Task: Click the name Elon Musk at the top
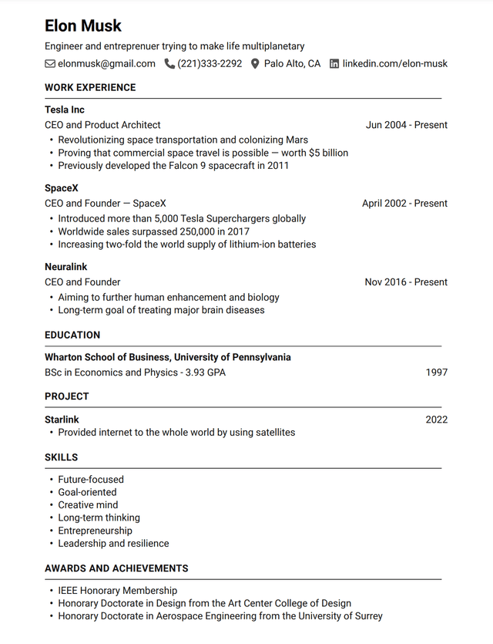(x=83, y=25)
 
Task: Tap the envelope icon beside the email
(x=50, y=64)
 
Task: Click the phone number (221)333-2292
(x=210, y=64)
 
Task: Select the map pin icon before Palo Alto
(x=256, y=64)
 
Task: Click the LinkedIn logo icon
(x=334, y=64)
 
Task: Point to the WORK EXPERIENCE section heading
(x=90, y=88)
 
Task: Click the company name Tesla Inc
(x=65, y=110)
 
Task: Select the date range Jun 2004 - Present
(x=406, y=125)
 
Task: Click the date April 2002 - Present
(x=404, y=204)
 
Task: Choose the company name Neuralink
(x=66, y=267)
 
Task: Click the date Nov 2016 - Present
(x=406, y=282)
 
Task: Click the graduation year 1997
(x=436, y=373)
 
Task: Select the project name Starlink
(x=62, y=420)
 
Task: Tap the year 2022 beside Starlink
(x=436, y=420)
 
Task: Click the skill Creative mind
(x=88, y=505)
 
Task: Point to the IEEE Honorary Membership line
(x=117, y=591)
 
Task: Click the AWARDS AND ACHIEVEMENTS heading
(x=116, y=568)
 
